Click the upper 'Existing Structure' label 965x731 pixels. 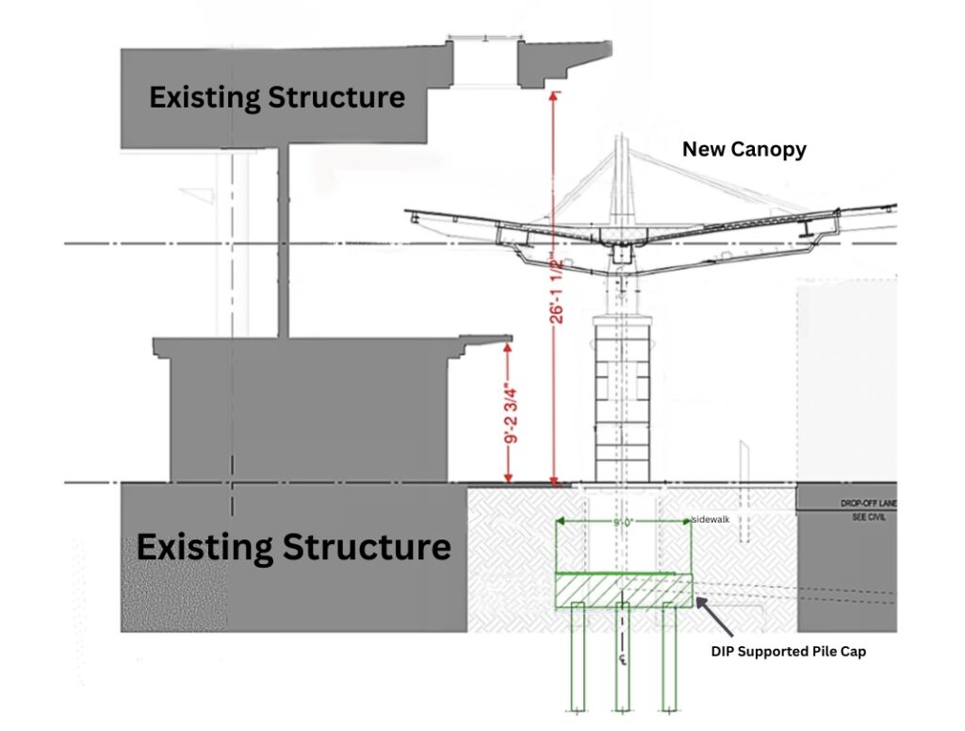[x=277, y=96]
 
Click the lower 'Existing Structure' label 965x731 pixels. [x=293, y=546]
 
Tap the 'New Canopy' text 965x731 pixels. [x=744, y=149]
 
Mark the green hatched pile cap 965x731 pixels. [x=623, y=591]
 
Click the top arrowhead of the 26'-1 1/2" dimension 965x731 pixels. [x=554, y=95]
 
